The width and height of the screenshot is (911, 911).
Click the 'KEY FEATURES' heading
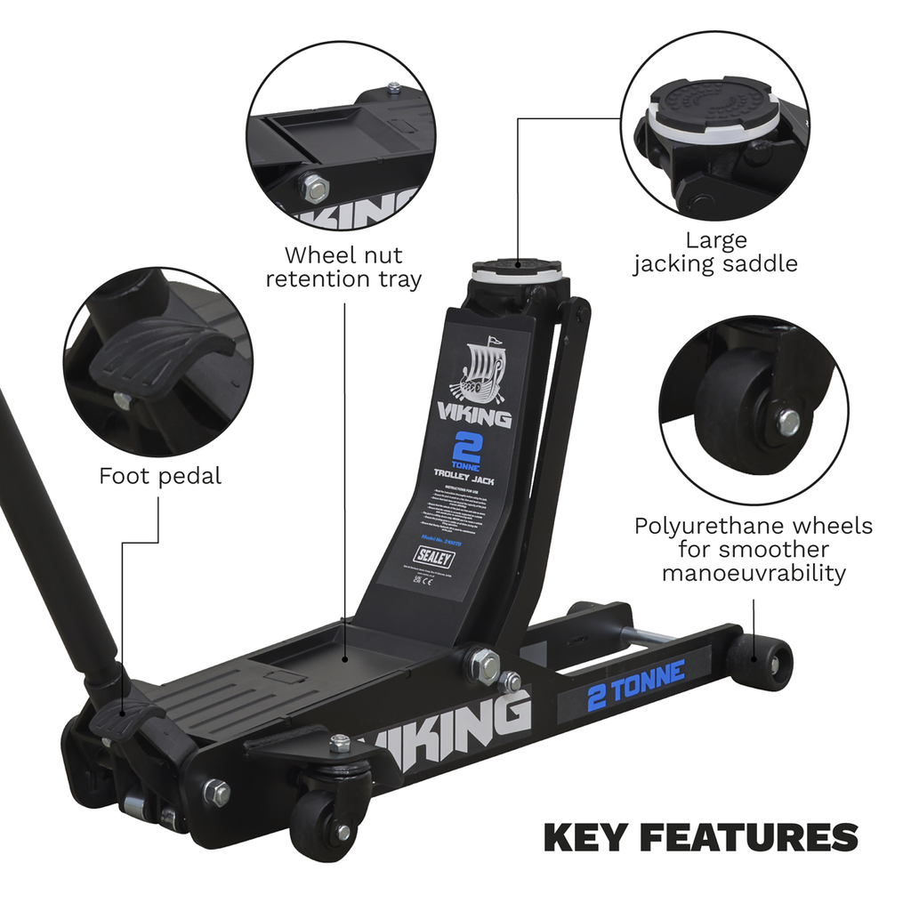[x=700, y=837]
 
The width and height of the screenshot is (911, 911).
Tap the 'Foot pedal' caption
[x=160, y=476]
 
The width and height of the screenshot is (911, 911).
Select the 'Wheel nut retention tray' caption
[x=344, y=267]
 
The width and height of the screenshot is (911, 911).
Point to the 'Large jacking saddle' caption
[x=715, y=252]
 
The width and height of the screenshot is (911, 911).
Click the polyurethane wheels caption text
[x=753, y=549]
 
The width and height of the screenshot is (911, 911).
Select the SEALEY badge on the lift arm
[x=433, y=560]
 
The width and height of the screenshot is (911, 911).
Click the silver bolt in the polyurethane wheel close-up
[x=788, y=422]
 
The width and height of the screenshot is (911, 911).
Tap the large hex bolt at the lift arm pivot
[x=484, y=665]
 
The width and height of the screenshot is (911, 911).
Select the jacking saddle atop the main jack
[x=517, y=267]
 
